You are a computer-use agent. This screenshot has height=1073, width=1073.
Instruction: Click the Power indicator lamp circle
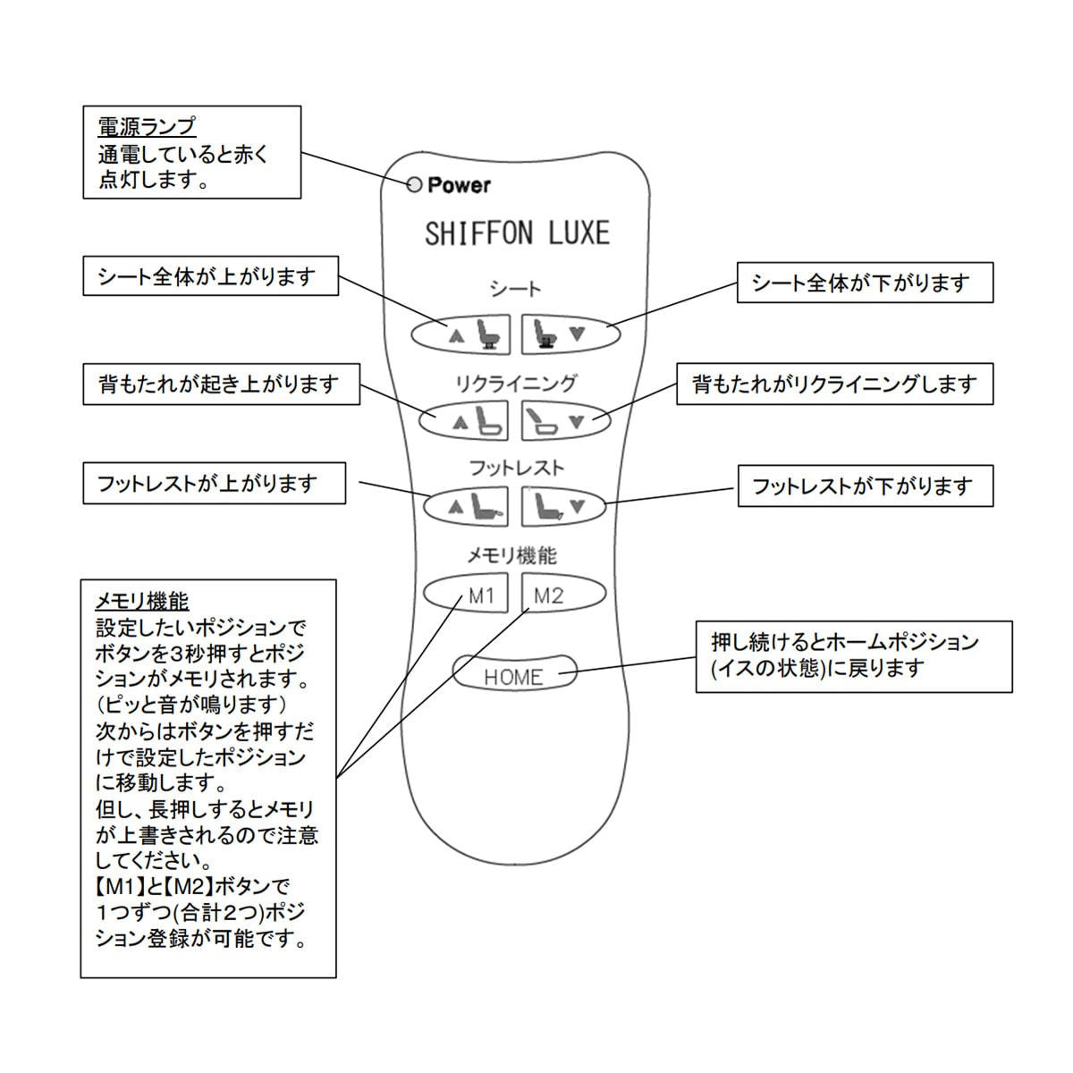pos(413,185)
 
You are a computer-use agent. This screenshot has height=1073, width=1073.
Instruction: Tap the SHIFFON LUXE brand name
pos(517,233)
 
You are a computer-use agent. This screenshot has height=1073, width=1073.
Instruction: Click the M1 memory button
pos(466,594)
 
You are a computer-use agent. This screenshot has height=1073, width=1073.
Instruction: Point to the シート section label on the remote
pos(516,290)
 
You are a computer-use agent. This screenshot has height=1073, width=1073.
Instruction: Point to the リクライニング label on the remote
pos(516,384)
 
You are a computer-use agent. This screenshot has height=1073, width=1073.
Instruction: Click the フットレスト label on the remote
pos(516,468)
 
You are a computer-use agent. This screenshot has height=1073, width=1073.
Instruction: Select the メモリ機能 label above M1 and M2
pos(512,556)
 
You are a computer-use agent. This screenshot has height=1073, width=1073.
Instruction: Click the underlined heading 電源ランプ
pos(147,127)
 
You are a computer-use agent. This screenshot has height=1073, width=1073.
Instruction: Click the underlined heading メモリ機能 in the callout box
pos(142,601)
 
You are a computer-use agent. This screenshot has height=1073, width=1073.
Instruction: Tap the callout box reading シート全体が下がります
pos(864,283)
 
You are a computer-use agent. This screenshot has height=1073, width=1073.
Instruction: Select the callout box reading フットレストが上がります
pos(214,484)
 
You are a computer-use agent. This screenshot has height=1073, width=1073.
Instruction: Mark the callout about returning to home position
pos(854,655)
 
